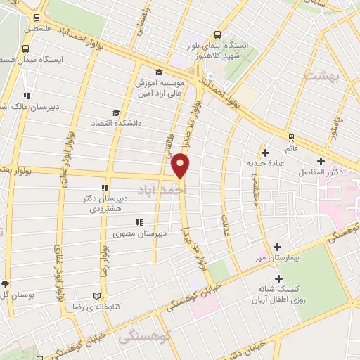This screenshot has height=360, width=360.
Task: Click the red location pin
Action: (x=181, y=165)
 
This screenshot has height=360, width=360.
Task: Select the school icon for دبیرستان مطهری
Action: (x=139, y=222)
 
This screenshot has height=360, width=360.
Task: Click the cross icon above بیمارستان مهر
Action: (x=278, y=247)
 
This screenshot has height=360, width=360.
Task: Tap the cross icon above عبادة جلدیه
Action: (x=265, y=153)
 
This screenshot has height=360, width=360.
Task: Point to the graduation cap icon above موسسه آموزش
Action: (x=160, y=72)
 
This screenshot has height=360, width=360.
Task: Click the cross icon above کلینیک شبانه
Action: (x=278, y=278)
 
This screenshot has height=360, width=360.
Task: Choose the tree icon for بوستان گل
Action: (x=6, y=284)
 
